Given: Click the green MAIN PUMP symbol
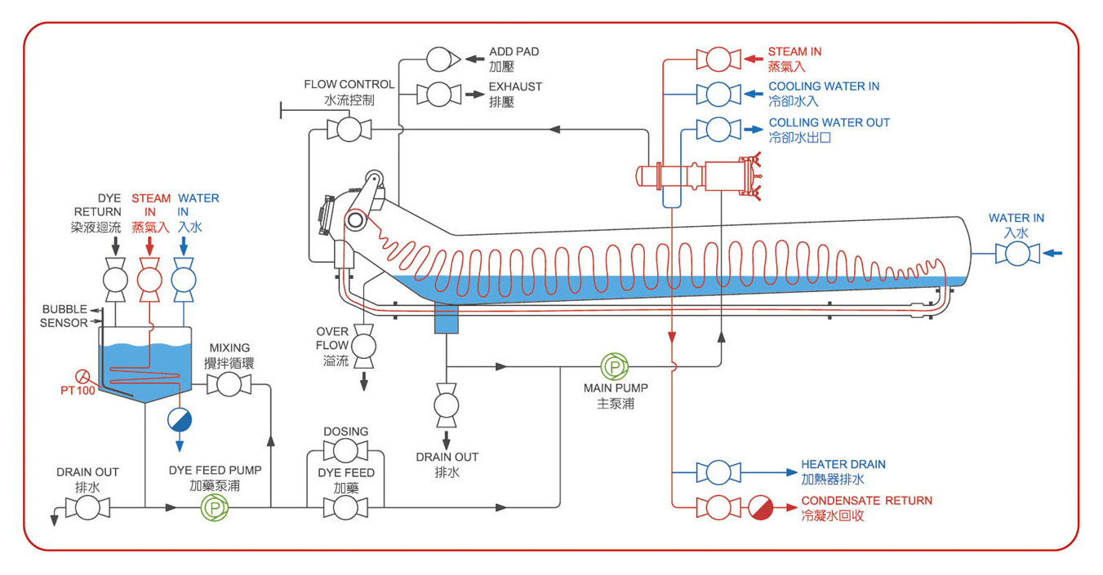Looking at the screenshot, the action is (615, 366).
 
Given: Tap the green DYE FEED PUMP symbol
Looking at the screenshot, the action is (215, 507).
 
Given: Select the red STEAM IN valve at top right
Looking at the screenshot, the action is (718, 59).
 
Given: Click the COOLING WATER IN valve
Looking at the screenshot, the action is (718, 94).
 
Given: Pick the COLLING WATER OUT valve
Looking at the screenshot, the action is (718, 130).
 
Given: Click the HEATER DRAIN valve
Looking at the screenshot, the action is (718, 472).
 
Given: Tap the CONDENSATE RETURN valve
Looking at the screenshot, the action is (718, 507).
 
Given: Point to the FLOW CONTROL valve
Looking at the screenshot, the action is (349, 130).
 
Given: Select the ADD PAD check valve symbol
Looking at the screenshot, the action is (443, 59).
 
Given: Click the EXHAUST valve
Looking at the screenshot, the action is (438, 94).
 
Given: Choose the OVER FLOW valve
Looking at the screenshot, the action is (364, 347).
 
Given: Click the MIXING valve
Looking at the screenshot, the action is (229, 384).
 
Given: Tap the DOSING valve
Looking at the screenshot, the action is (345, 450).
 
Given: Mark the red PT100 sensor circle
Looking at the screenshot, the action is (82, 377).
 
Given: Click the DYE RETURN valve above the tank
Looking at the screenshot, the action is (115, 280).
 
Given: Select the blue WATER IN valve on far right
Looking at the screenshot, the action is (1017, 254).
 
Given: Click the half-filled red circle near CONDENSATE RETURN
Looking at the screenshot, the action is (761, 507).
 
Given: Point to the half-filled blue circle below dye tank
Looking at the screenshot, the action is (180, 420).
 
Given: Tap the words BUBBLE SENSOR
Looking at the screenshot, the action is (64, 316).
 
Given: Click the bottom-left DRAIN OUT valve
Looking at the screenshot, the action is (87, 507).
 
